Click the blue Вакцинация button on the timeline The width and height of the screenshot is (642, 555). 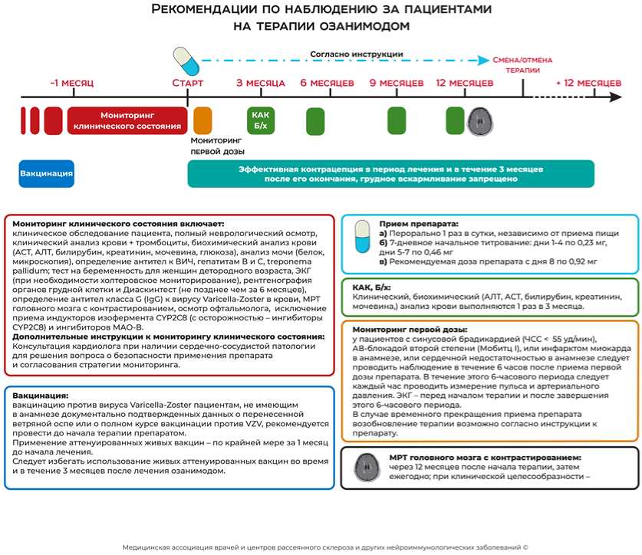[47, 173]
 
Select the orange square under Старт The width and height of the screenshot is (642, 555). [202, 121]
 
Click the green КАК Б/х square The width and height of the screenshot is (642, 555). [261, 120]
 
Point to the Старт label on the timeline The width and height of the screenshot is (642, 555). [187, 82]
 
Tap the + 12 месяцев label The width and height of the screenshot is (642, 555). [588, 82]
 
